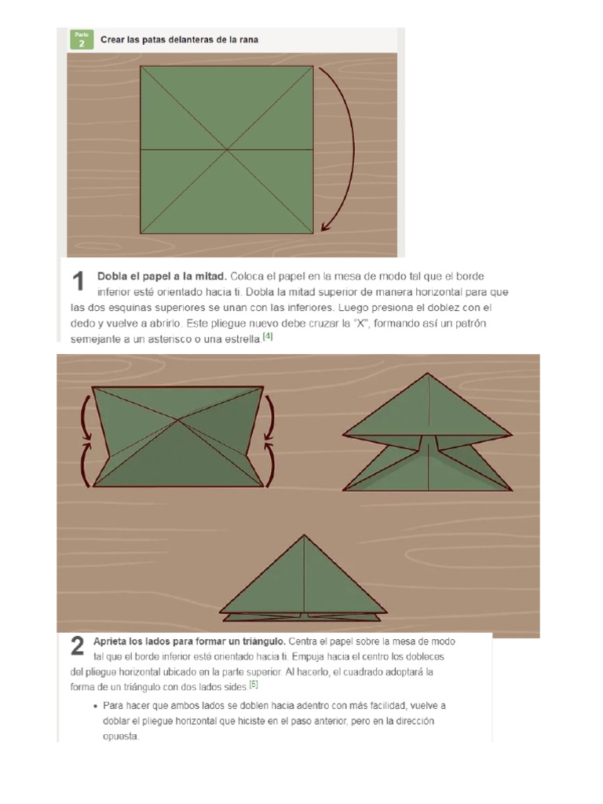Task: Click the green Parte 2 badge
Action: [82, 39]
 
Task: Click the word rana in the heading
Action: [249, 39]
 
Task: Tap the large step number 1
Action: [78, 282]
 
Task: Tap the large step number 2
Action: [77, 646]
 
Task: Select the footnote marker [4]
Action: [268, 336]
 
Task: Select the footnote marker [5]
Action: [254, 684]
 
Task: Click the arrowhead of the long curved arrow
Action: [325, 226]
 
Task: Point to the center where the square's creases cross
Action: [227, 150]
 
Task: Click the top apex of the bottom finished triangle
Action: [304, 535]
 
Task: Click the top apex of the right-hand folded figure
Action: [428, 373]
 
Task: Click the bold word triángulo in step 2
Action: [261, 641]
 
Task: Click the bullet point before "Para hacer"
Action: [95, 707]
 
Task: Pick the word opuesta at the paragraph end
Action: [120, 736]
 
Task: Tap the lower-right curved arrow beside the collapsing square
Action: [269, 464]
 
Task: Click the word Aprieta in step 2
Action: [108, 641]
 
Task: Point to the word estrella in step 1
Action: [243, 339]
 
